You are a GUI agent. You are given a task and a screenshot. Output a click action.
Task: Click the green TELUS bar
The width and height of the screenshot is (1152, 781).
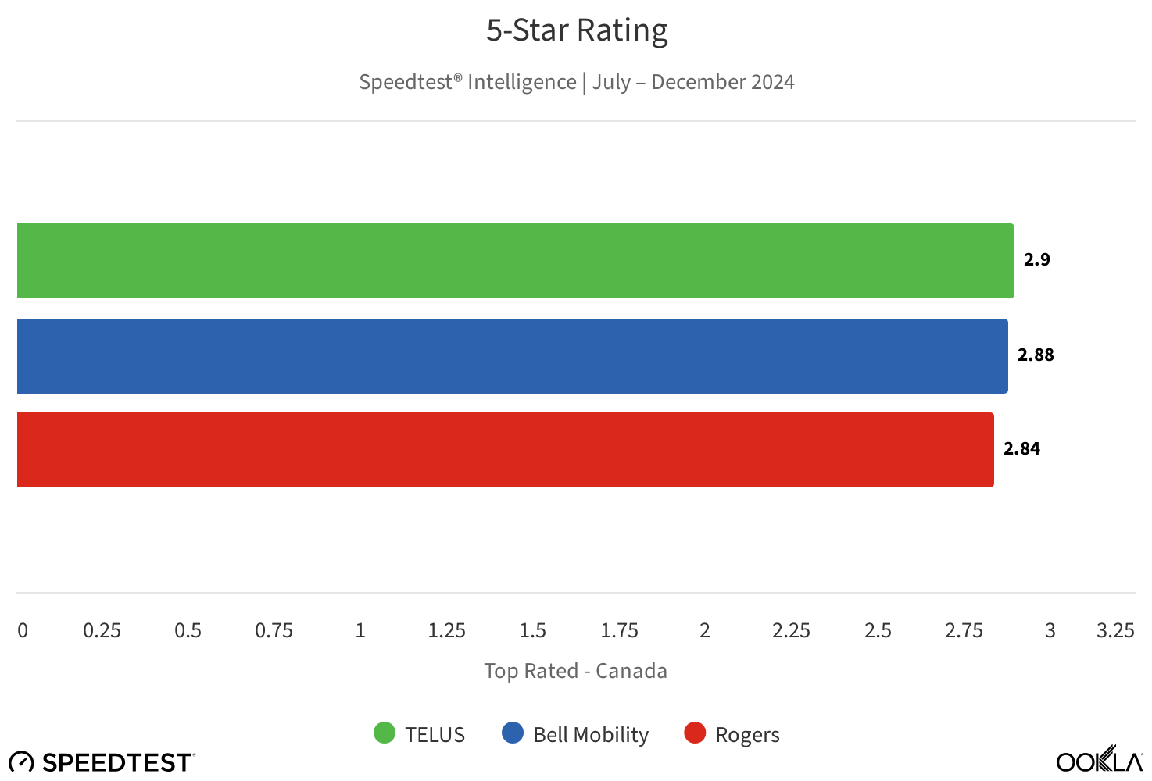click(515, 261)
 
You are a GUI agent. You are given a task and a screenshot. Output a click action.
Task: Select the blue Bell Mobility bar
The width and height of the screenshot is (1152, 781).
click(512, 356)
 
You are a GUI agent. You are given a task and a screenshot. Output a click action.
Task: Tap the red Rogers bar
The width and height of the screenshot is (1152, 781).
click(505, 450)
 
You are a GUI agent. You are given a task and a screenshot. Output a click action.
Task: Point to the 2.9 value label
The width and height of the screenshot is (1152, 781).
click(1036, 260)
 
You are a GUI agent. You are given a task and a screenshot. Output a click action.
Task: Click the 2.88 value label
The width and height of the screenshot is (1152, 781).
click(1036, 355)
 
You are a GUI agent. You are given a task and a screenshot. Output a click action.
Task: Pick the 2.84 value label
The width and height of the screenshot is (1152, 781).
click(1021, 449)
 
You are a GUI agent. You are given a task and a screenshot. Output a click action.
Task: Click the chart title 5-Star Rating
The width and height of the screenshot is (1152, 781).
click(577, 30)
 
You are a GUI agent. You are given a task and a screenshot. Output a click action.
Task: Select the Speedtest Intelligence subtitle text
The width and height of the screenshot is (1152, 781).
click(577, 82)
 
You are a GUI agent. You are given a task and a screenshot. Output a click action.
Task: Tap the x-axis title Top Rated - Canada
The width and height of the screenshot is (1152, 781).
click(575, 671)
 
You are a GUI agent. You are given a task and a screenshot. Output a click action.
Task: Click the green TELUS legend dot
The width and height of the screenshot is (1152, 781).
click(385, 733)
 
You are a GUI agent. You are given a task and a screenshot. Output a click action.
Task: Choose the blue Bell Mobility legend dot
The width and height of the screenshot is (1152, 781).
click(513, 733)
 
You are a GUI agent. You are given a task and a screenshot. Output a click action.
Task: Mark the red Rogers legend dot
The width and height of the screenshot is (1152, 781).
click(695, 733)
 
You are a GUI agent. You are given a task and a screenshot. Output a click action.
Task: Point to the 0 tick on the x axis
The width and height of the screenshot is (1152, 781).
click(23, 631)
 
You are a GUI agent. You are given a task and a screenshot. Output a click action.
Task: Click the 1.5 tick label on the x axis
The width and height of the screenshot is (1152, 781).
click(533, 631)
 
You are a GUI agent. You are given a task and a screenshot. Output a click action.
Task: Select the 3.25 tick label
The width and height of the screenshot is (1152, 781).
click(1115, 631)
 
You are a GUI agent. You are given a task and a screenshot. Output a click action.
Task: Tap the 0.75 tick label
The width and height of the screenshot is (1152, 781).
click(274, 631)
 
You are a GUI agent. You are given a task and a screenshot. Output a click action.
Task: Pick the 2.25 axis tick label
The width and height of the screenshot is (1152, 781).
click(791, 631)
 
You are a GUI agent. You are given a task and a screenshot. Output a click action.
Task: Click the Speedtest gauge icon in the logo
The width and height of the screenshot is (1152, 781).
click(21, 762)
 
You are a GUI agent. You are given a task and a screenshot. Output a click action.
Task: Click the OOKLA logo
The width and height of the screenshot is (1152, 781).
click(1099, 760)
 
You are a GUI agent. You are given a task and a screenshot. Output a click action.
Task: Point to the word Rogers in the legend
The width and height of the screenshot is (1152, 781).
click(747, 735)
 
